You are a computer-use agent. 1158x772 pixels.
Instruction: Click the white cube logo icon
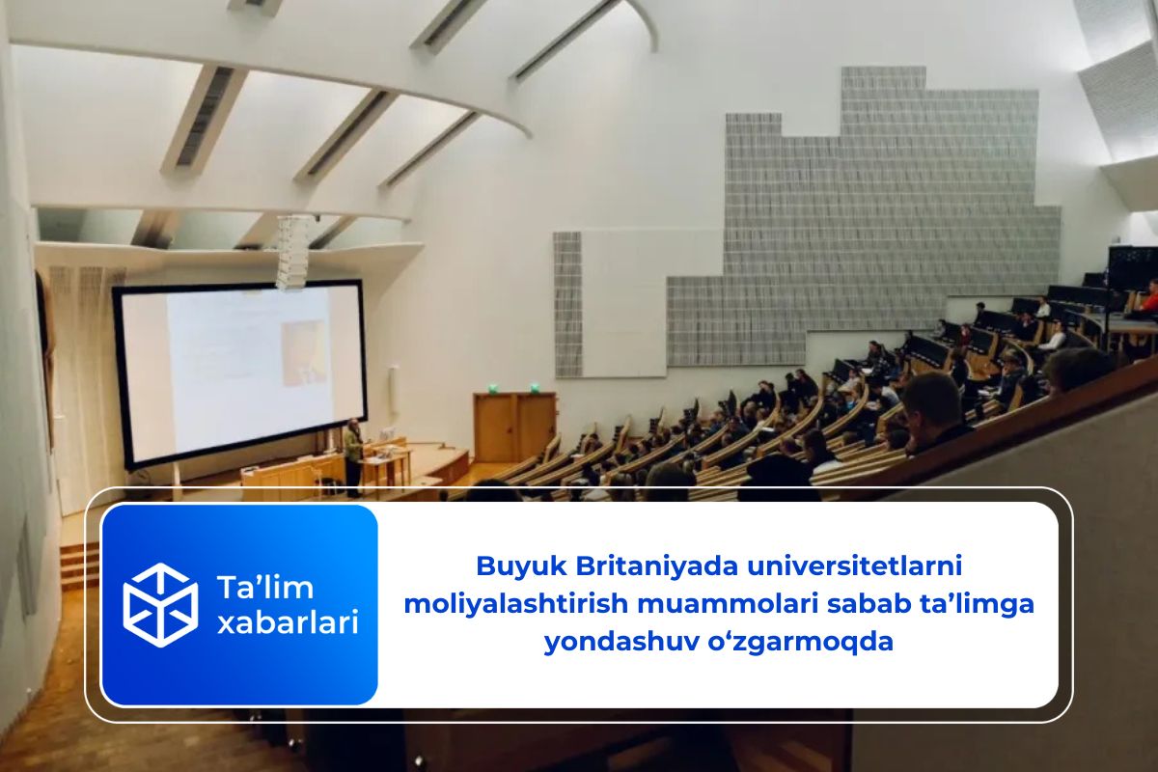(x=160, y=605)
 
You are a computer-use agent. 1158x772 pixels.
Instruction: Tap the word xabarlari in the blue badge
(x=288, y=623)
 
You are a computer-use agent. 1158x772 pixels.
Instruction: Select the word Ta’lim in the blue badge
(x=265, y=588)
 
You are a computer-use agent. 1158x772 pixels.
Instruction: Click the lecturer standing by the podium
(x=353, y=458)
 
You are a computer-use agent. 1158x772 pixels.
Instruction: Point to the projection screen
(x=240, y=374)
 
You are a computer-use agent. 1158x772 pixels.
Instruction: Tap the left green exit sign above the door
(x=493, y=387)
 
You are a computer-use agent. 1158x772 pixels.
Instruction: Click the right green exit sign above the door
(x=534, y=386)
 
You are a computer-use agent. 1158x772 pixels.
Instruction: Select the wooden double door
(x=515, y=427)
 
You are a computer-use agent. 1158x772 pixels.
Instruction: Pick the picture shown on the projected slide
(x=304, y=353)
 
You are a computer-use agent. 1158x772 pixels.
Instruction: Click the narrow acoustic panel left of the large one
(x=567, y=304)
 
